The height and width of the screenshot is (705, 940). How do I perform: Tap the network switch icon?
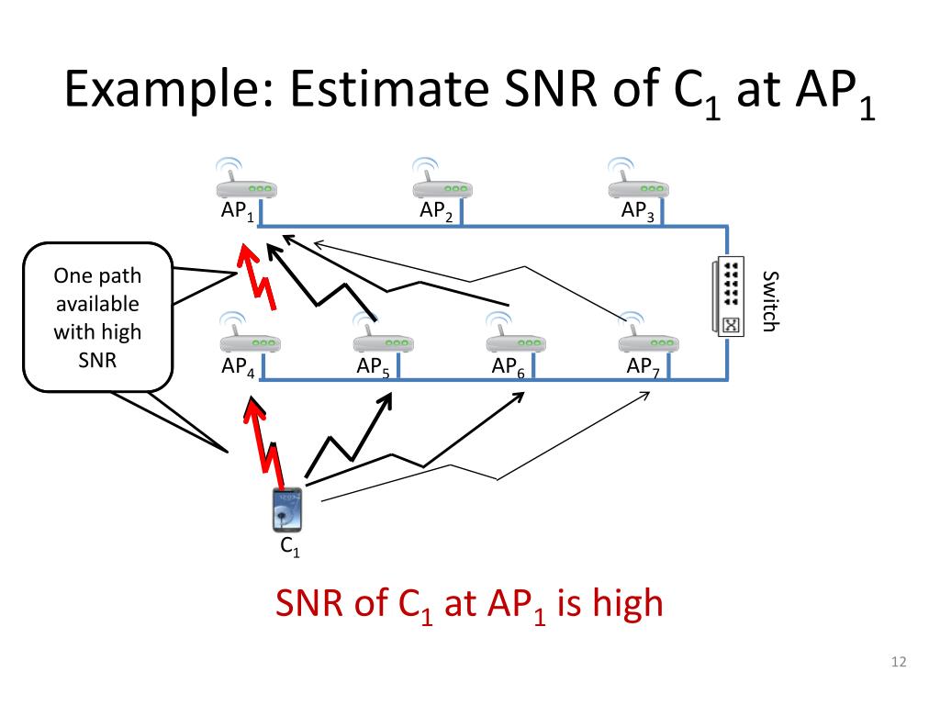[x=732, y=297]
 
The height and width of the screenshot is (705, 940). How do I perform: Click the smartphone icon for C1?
[x=287, y=510]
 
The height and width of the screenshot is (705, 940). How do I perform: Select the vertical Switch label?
[x=769, y=301]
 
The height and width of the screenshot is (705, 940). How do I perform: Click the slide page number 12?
[x=899, y=663]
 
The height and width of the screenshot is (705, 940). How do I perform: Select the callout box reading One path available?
[x=97, y=317]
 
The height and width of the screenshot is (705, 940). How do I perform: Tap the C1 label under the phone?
[x=289, y=548]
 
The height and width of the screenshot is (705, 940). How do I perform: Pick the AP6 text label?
[x=508, y=367]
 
